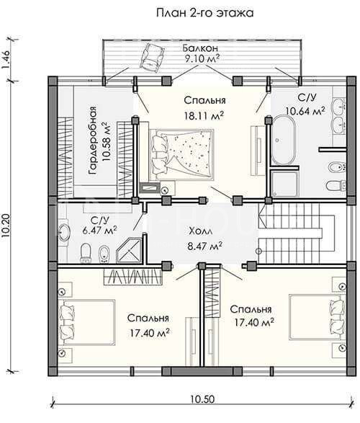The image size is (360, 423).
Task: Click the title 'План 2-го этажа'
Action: point(204,13)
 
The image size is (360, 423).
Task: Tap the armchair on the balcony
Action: point(152,57)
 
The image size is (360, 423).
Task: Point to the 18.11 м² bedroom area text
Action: point(204,115)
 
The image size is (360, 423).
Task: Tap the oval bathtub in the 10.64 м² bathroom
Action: point(284,140)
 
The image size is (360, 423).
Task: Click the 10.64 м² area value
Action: point(305,110)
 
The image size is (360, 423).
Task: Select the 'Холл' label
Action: point(200,231)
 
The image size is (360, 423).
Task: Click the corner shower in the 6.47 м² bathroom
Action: point(130,250)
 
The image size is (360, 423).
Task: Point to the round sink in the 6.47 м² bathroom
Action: point(64,232)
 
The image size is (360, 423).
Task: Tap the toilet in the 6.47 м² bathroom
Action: point(86,253)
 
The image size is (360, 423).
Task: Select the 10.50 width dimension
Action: point(202,398)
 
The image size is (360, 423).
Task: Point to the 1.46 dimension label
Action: point(6,60)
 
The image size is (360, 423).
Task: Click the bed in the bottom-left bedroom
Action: point(87,322)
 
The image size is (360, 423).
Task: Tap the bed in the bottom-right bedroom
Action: point(317,317)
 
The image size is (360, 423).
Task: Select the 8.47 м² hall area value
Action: point(205,246)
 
